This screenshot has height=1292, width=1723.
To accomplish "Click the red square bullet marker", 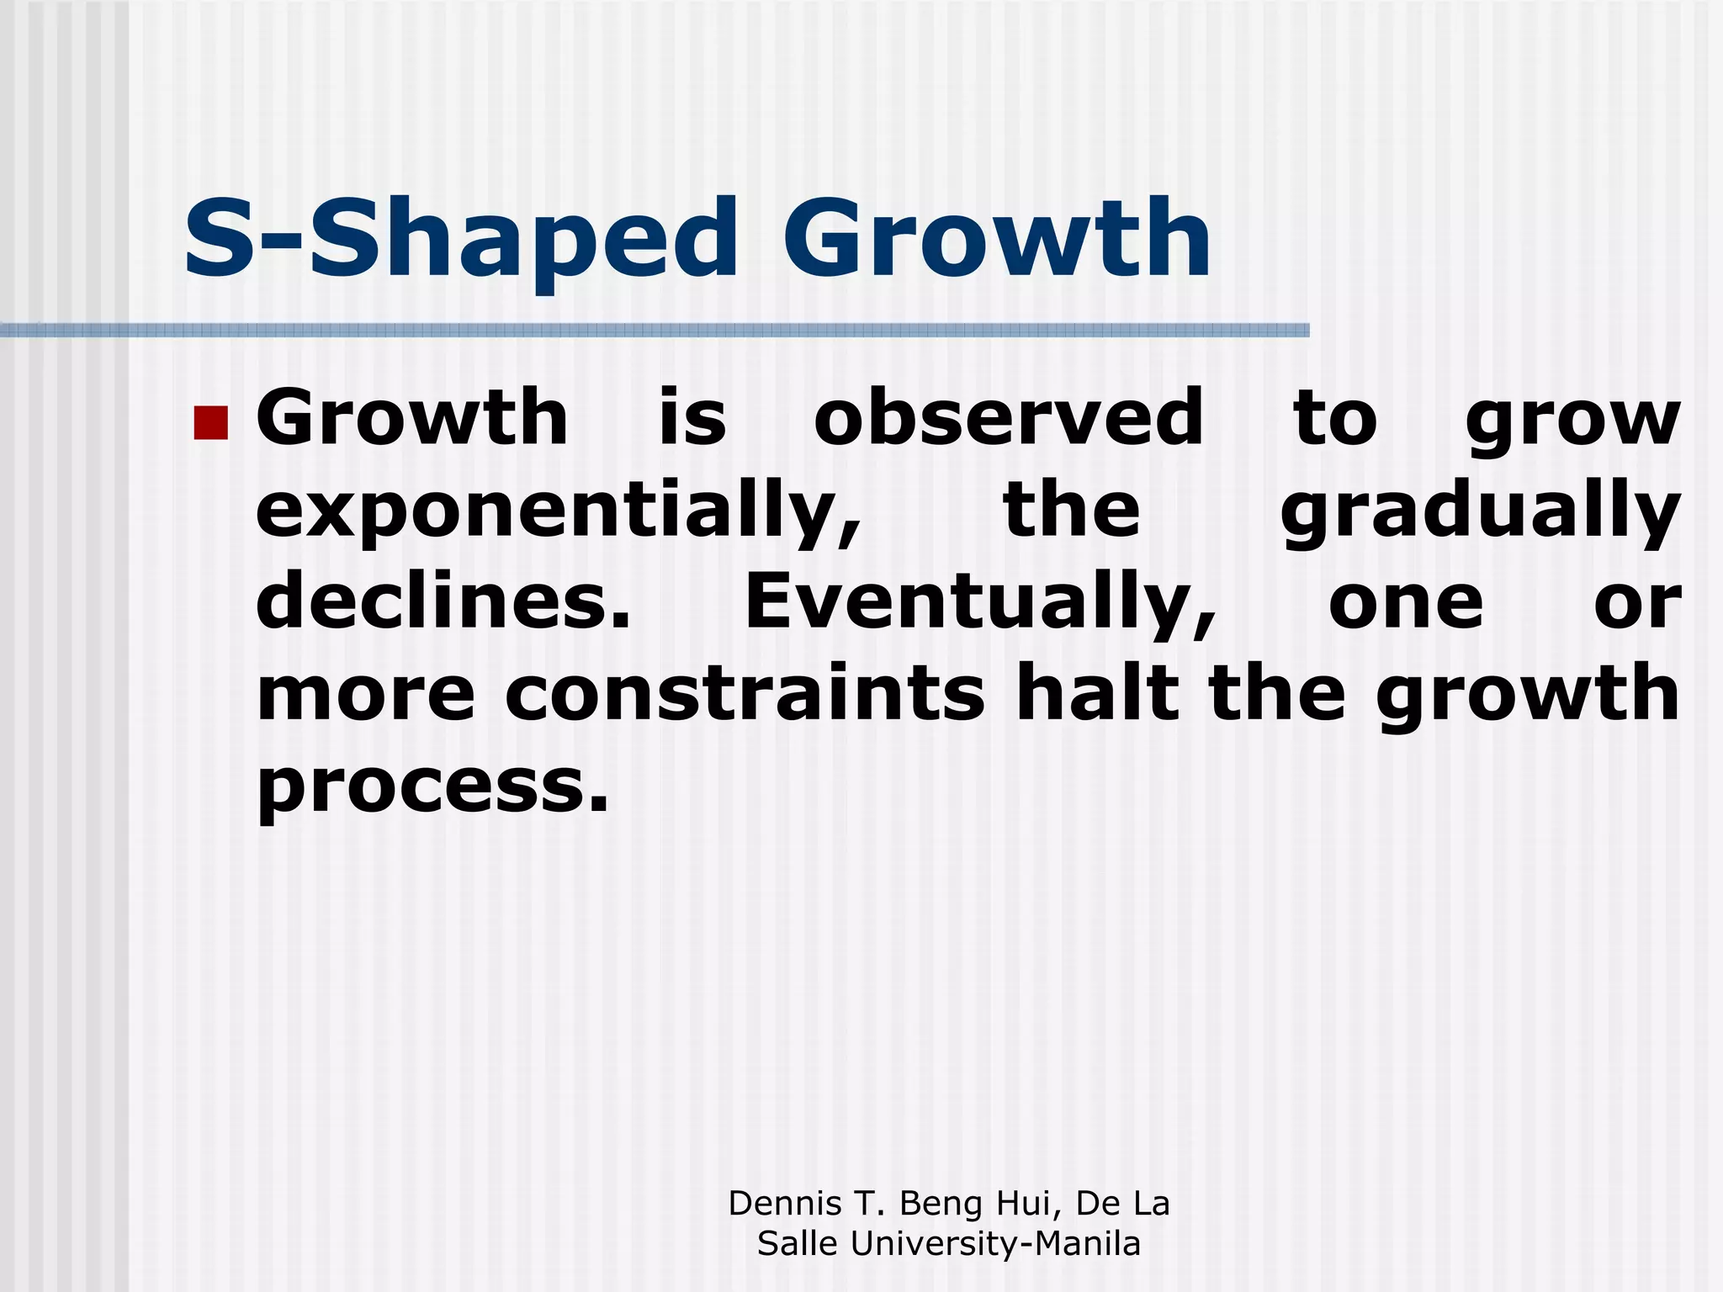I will pos(210,423).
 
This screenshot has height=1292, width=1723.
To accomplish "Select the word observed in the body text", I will pos(1009,418).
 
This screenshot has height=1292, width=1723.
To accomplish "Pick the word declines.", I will pos(443,602).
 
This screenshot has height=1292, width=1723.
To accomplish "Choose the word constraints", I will pos(745,695).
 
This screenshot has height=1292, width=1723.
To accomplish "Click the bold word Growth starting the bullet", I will pos(412,418).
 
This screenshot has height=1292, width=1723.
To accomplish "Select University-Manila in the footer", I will pos(995,1243).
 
